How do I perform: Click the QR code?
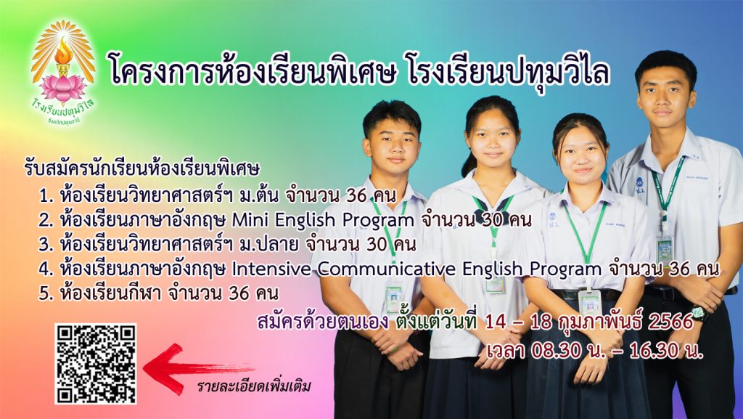tap(96, 364)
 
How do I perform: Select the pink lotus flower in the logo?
tap(62, 88)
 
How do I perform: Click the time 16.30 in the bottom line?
tap(655, 351)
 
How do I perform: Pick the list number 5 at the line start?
tap(46, 294)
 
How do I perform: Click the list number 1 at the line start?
tap(46, 195)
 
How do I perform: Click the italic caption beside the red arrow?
tap(254, 386)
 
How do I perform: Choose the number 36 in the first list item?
tap(357, 195)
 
